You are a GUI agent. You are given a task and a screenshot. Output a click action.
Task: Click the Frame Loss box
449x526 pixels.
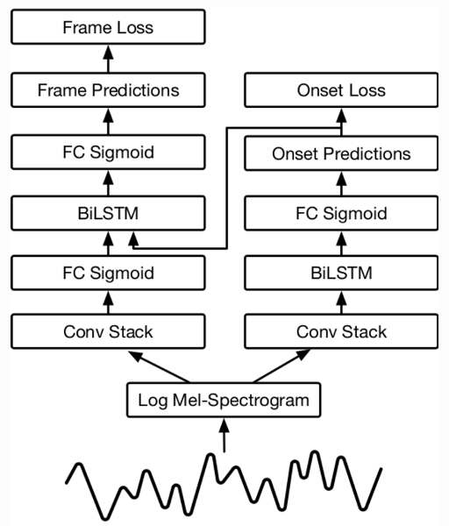click(108, 27)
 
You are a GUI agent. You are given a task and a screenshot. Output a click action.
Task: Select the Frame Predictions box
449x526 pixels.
click(108, 90)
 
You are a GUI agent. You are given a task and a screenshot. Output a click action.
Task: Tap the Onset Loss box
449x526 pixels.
click(341, 90)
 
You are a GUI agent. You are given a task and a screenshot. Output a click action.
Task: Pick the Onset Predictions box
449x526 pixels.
click(341, 153)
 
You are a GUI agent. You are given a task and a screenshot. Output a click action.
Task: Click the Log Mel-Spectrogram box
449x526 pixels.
click(224, 400)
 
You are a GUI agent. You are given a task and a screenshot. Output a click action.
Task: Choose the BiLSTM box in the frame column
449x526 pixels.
click(108, 213)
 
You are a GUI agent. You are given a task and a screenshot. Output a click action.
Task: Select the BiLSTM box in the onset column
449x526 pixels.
click(341, 273)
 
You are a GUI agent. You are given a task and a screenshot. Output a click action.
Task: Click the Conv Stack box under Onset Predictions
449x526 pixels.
click(341, 331)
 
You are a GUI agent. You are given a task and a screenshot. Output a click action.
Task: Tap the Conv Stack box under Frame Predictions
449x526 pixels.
click(108, 331)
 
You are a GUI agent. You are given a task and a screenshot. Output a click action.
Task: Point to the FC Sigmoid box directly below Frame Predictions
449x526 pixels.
click(108, 152)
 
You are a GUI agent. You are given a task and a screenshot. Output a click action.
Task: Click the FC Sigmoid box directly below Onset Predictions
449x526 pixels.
click(341, 213)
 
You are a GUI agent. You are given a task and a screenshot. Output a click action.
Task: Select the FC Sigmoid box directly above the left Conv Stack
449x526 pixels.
click(108, 273)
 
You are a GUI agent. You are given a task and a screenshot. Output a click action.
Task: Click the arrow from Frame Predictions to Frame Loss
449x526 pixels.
click(108, 59)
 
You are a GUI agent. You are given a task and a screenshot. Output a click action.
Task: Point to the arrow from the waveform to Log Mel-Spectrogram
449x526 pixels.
click(224, 435)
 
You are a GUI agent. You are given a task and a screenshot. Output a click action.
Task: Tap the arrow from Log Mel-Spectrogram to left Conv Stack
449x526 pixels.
click(159, 366)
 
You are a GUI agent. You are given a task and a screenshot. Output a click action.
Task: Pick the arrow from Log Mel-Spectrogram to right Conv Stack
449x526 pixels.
click(282, 366)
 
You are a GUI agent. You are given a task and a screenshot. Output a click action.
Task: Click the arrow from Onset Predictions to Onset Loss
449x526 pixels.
click(341, 122)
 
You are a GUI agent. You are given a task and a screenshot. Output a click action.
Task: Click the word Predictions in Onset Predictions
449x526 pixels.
click(367, 153)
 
